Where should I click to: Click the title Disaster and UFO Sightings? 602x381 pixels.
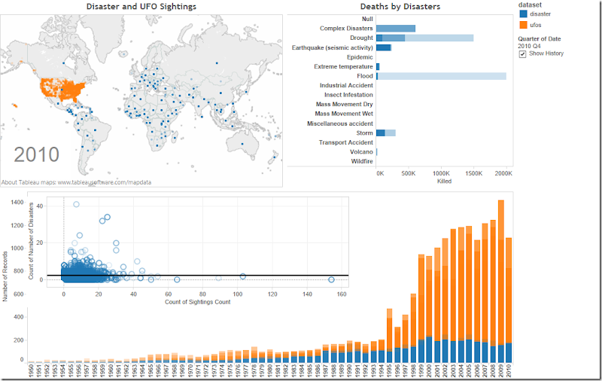[x=141, y=7]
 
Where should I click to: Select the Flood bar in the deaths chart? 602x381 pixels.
[x=441, y=76]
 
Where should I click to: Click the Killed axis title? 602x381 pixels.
[x=444, y=181]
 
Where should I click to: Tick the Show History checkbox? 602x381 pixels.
[x=522, y=54]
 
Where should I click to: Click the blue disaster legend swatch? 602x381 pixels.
[x=523, y=14]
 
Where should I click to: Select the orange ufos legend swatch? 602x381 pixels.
[x=523, y=25]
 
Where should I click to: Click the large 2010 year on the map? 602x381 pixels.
[x=37, y=155]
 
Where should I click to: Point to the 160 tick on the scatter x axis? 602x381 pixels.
[x=342, y=294]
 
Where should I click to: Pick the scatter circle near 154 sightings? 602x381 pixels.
[x=331, y=279]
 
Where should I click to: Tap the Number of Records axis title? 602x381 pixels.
[x=5, y=279]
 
